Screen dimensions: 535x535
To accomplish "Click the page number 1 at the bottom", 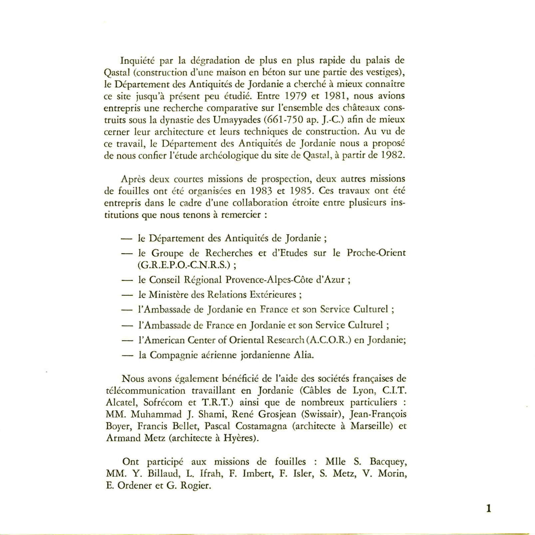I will point(488,509).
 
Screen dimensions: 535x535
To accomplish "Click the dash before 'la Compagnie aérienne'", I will point(127,355).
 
